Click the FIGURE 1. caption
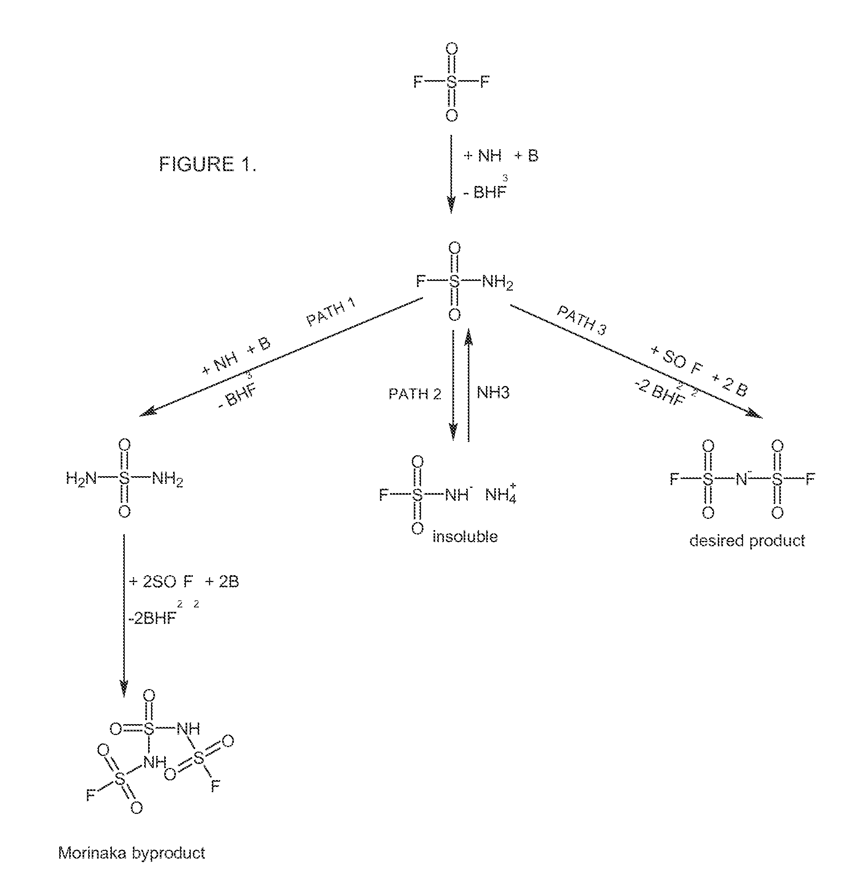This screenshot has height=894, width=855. pyautogui.click(x=207, y=164)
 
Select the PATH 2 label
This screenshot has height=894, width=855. pyautogui.click(x=415, y=394)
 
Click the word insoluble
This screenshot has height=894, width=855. pyautogui.click(x=465, y=536)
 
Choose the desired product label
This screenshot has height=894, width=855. pyautogui.click(x=747, y=541)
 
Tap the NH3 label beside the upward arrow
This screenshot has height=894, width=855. pyautogui.click(x=493, y=393)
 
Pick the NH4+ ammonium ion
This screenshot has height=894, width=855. pyautogui.click(x=501, y=493)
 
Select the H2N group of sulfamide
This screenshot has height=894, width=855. pyautogui.click(x=81, y=479)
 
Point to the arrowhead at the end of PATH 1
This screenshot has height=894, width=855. pyautogui.click(x=148, y=411)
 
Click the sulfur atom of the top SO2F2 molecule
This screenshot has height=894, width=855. pyautogui.click(x=451, y=83)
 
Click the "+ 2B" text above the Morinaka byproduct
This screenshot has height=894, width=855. pyautogui.click(x=222, y=581)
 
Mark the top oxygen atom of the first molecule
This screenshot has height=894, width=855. pyautogui.click(x=451, y=49)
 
